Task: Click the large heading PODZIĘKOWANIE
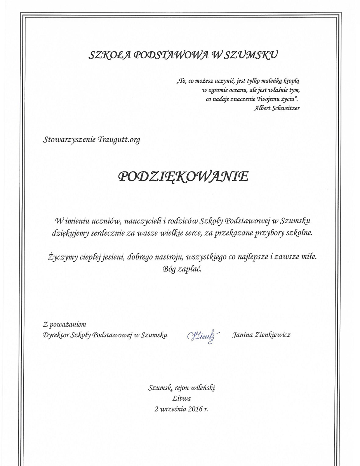(183, 177)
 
